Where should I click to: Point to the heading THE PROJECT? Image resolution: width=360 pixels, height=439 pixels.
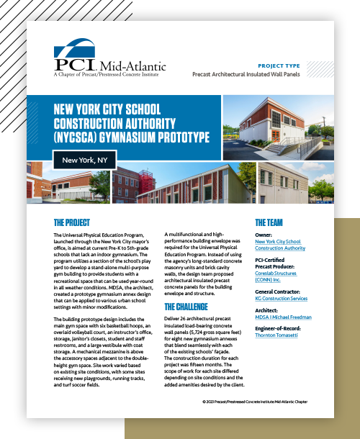coord(76,222)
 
